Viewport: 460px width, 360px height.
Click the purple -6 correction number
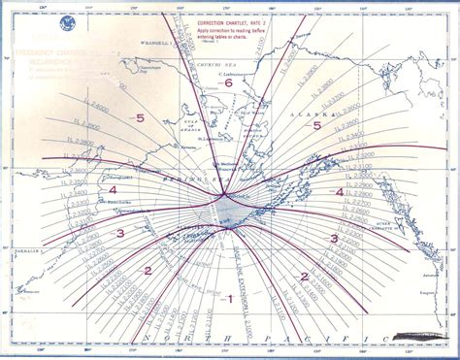(229, 83)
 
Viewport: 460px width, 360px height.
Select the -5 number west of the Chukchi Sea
(141, 118)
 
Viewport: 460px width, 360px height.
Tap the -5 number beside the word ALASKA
(315, 124)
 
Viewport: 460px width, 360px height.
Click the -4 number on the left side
(113, 191)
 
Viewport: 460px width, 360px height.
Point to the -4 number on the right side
(339, 192)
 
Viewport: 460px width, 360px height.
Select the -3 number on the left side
(120, 234)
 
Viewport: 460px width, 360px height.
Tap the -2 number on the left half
(148, 271)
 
